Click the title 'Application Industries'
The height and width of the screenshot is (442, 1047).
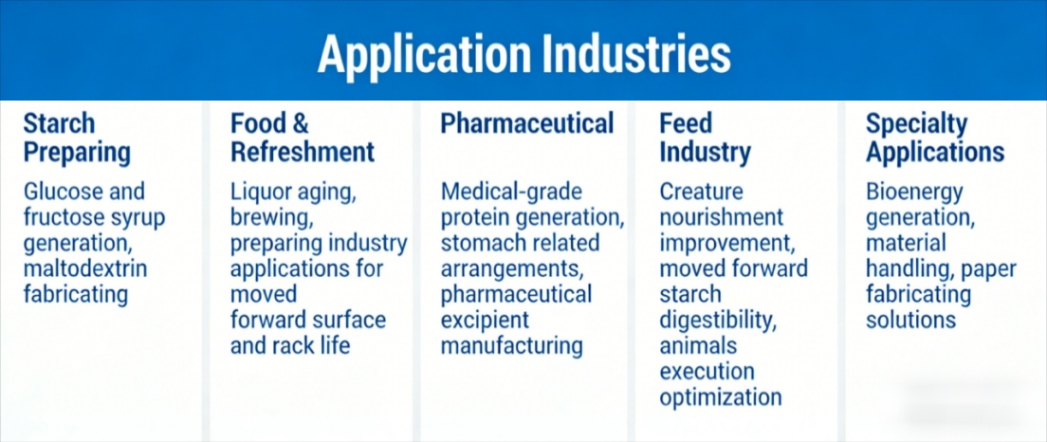[523, 54]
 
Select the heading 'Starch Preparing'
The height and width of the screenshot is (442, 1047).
[77, 138]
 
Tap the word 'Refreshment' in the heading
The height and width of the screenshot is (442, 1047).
[303, 152]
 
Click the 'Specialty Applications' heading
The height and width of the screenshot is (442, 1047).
[935, 138]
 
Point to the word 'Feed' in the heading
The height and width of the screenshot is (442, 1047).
[686, 123]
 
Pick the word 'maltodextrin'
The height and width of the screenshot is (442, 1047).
[86, 268]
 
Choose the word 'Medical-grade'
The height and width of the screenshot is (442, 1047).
[512, 192]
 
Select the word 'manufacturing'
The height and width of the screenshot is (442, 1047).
[512, 344]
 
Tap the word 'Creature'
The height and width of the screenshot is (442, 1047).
[702, 192]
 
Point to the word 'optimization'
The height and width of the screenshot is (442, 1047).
[721, 396]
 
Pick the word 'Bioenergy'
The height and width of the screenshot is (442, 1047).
[914, 192]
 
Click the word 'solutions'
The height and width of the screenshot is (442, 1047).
[910, 320]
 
